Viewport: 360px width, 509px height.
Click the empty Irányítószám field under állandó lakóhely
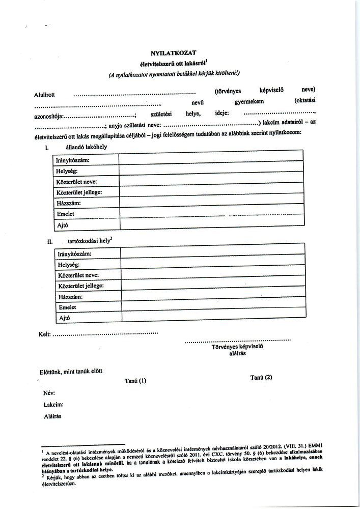click(x=211, y=160)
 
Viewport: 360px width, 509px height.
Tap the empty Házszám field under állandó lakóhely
click(x=211, y=203)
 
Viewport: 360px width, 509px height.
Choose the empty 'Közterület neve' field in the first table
click(x=211, y=182)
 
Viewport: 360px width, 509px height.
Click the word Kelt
click(x=45, y=335)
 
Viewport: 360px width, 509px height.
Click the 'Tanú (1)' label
click(x=135, y=380)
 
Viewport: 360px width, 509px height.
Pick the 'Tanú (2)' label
click(x=262, y=377)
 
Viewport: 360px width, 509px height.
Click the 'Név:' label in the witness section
click(x=50, y=393)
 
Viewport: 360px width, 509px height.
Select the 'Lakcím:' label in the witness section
click(x=53, y=404)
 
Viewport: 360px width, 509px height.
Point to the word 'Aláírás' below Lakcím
click(x=53, y=416)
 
